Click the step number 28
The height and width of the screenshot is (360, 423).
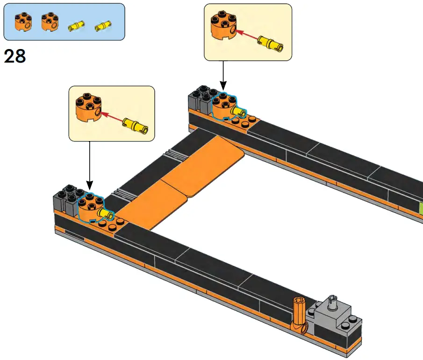point(14,56)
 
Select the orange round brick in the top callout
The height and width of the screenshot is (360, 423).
point(222,27)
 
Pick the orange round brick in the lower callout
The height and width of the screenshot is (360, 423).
point(87,108)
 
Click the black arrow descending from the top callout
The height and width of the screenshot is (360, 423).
point(222,75)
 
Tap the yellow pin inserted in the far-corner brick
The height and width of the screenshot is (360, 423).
point(239,112)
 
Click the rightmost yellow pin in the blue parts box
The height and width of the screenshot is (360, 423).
point(100,28)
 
